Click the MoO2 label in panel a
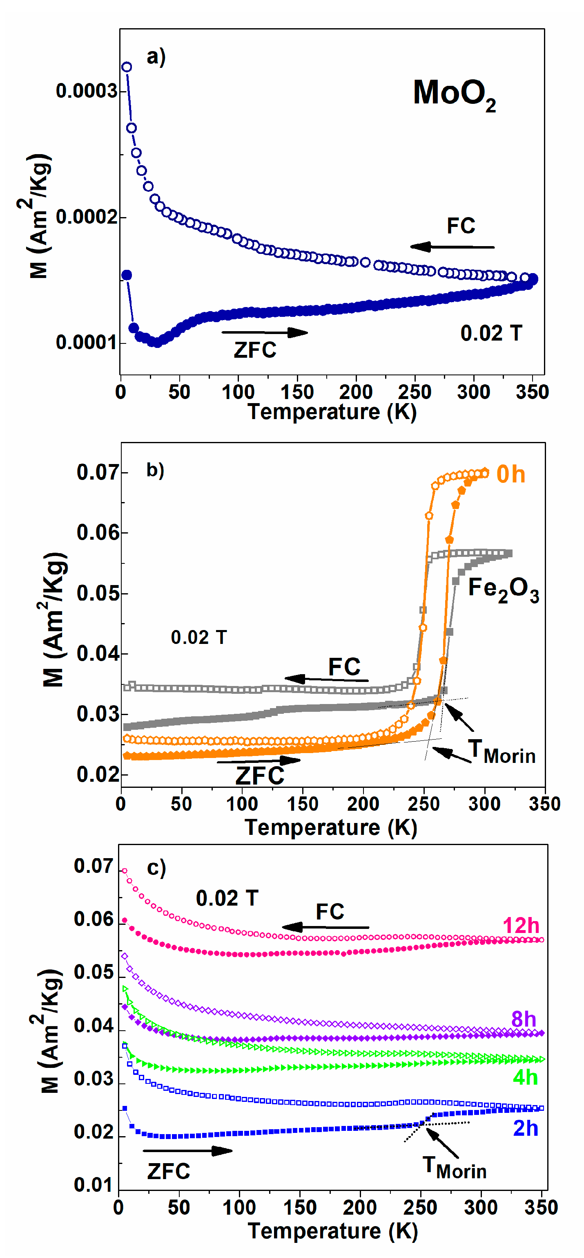click(x=454, y=94)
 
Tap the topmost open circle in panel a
click(x=126, y=67)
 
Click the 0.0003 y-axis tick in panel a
click(x=86, y=91)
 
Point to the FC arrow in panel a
click(x=452, y=247)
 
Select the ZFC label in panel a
click(x=255, y=350)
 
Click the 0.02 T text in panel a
click(x=491, y=333)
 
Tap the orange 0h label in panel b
click(x=511, y=474)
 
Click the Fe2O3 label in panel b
click(x=503, y=589)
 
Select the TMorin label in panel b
click(x=502, y=751)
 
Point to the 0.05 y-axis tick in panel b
click(x=98, y=593)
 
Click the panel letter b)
click(x=155, y=470)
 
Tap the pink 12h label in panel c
click(x=521, y=926)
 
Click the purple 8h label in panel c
click(x=524, y=1019)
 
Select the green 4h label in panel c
click(x=525, y=1077)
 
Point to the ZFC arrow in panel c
click(x=187, y=1150)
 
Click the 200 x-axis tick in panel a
click(x=356, y=392)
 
